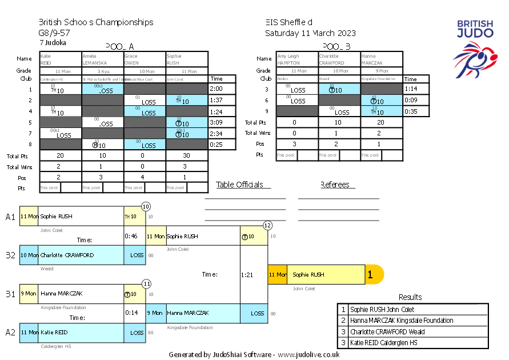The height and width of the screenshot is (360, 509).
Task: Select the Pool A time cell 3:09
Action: [216, 122]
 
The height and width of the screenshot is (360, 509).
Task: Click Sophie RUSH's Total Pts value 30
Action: [187, 155]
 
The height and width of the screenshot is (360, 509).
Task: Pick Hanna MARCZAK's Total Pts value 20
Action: [382, 122]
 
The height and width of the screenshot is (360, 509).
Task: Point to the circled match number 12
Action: [267, 226]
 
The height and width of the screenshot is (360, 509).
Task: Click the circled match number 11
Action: [146, 283]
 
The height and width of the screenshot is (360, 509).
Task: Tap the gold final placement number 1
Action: [370, 275]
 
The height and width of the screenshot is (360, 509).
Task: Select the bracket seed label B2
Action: [10, 255]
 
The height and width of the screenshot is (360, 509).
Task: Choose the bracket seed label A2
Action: [10, 332]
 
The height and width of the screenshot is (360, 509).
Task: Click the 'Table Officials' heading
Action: [240, 185]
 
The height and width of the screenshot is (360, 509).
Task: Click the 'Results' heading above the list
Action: [410, 297]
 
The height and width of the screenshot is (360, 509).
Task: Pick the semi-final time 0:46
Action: [131, 235]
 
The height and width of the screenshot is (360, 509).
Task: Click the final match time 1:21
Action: [247, 275]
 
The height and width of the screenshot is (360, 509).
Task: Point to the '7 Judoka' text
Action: [53, 42]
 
